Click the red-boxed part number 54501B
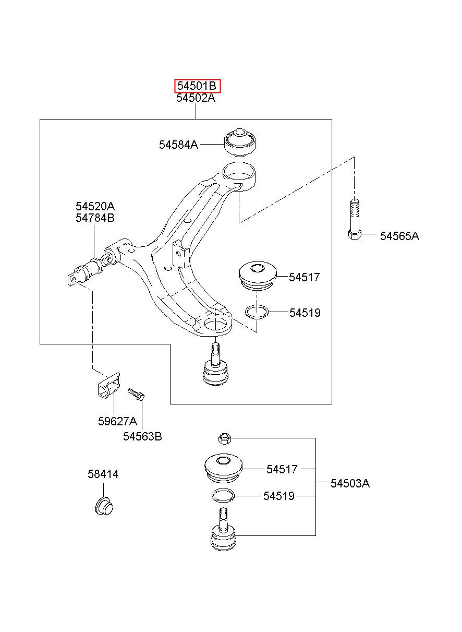tap(197, 86)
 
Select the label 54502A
tap(196, 98)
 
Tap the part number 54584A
tap(178, 145)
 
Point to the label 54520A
tap(95, 207)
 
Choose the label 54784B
tap(95, 218)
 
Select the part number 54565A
tap(399, 236)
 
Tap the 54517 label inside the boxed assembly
tap(304, 277)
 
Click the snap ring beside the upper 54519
tap(257, 312)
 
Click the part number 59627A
tap(117, 421)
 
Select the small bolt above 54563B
tap(136, 394)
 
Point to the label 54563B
tap(142, 436)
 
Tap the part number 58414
tap(103, 474)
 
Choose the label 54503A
tap(350, 483)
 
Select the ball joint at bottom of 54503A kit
tap(223, 529)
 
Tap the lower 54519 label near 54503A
tap(278, 496)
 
